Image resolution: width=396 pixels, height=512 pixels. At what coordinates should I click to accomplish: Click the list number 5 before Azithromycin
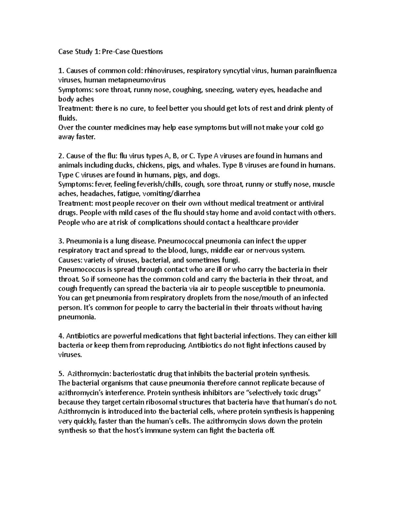(60, 374)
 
